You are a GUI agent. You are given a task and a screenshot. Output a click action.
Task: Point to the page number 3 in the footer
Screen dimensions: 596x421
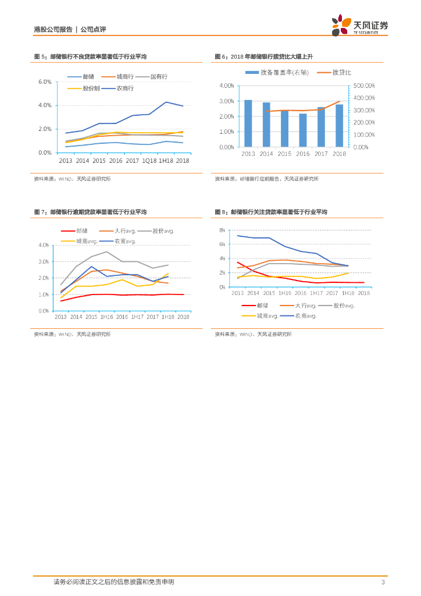coord(383,582)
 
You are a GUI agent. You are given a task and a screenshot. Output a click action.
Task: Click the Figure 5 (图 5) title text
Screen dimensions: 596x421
coord(90,56)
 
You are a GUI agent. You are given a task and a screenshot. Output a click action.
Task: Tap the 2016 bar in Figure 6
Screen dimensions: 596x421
coord(303,130)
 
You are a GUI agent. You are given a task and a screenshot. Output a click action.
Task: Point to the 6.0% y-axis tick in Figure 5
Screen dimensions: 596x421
coord(45,81)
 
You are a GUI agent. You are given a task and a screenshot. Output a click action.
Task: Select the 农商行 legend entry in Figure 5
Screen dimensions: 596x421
coord(119,88)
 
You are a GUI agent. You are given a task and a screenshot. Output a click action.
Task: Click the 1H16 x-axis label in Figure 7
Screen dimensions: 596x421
coord(106,317)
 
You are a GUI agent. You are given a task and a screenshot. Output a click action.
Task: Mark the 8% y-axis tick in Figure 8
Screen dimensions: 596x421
coord(222,230)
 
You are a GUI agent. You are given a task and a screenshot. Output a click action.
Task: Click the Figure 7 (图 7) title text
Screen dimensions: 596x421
coord(90,212)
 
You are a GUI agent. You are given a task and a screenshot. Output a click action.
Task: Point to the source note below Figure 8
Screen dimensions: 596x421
coord(253,334)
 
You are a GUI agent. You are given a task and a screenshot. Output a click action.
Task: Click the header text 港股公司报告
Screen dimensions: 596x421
coord(53,29)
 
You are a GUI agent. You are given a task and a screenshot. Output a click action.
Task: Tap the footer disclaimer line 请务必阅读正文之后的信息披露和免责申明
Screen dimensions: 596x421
coord(114,582)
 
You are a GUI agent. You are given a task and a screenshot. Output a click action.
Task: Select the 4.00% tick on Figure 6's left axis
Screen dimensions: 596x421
coord(226,86)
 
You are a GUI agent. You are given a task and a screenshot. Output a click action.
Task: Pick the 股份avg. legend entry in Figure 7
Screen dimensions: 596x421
coord(159,230)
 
